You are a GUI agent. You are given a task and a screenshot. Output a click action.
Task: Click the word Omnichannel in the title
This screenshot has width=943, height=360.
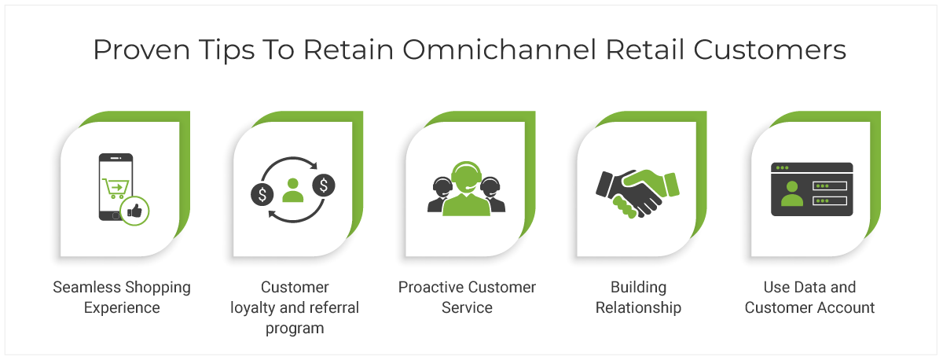(499, 50)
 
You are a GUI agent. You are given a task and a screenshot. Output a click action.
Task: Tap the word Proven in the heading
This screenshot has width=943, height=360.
(141, 50)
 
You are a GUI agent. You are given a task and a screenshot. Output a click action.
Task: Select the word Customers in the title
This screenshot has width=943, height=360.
(769, 50)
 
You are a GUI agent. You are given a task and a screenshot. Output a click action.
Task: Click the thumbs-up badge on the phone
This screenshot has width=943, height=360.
(134, 211)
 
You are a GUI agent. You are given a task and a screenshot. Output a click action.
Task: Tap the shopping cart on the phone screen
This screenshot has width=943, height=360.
(116, 188)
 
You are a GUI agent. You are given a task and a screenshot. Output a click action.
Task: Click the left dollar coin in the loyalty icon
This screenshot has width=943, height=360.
(262, 194)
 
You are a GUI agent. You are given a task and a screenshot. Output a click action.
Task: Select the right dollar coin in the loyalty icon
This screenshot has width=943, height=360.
(324, 186)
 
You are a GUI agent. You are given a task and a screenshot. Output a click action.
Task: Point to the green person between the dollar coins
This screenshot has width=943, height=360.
(292, 190)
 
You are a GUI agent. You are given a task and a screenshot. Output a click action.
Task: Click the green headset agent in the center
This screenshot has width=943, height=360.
(466, 189)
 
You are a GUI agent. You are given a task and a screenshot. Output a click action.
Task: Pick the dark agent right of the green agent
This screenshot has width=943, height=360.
(493, 194)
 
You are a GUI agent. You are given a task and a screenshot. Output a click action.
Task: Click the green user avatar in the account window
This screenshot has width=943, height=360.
(792, 193)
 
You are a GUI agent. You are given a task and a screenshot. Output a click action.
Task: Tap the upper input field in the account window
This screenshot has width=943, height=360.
(830, 186)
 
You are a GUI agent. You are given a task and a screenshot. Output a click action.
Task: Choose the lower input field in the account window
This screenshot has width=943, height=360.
(830, 201)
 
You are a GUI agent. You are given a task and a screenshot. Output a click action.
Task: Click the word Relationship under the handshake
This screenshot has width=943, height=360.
(638, 308)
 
